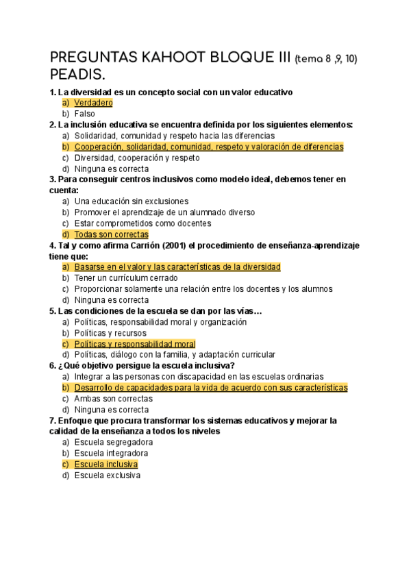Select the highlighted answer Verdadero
tap(93, 103)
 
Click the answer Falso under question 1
tap(85, 114)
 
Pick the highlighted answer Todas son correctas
tap(111, 234)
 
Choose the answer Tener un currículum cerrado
tap(126, 278)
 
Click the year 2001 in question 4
tap(158, 245)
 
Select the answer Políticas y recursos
tap(110, 333)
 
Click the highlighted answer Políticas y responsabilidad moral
tap(135, 344)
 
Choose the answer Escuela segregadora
tap(113, 443)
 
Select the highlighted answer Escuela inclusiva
tap(106, 465)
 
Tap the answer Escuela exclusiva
tap(107, 475)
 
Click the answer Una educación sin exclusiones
tap(131, 201)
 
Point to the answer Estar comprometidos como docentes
tap(142, 223)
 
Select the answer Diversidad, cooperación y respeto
tap(137, 158)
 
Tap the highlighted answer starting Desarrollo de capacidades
tap(210, 388)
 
